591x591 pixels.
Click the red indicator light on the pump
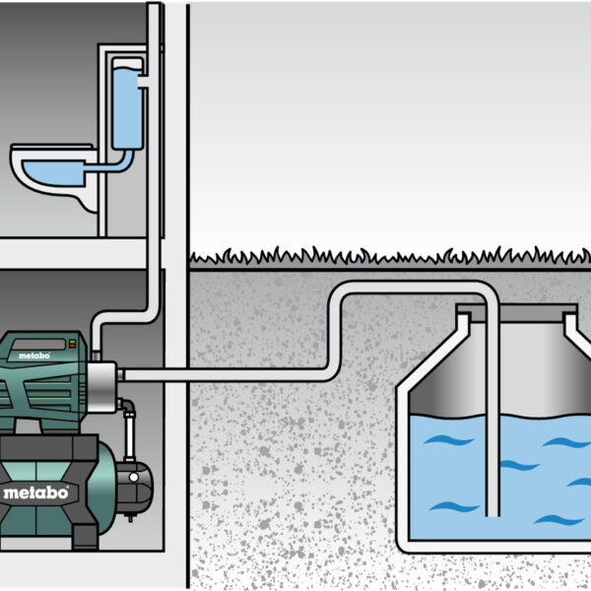(x=71, y=342)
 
